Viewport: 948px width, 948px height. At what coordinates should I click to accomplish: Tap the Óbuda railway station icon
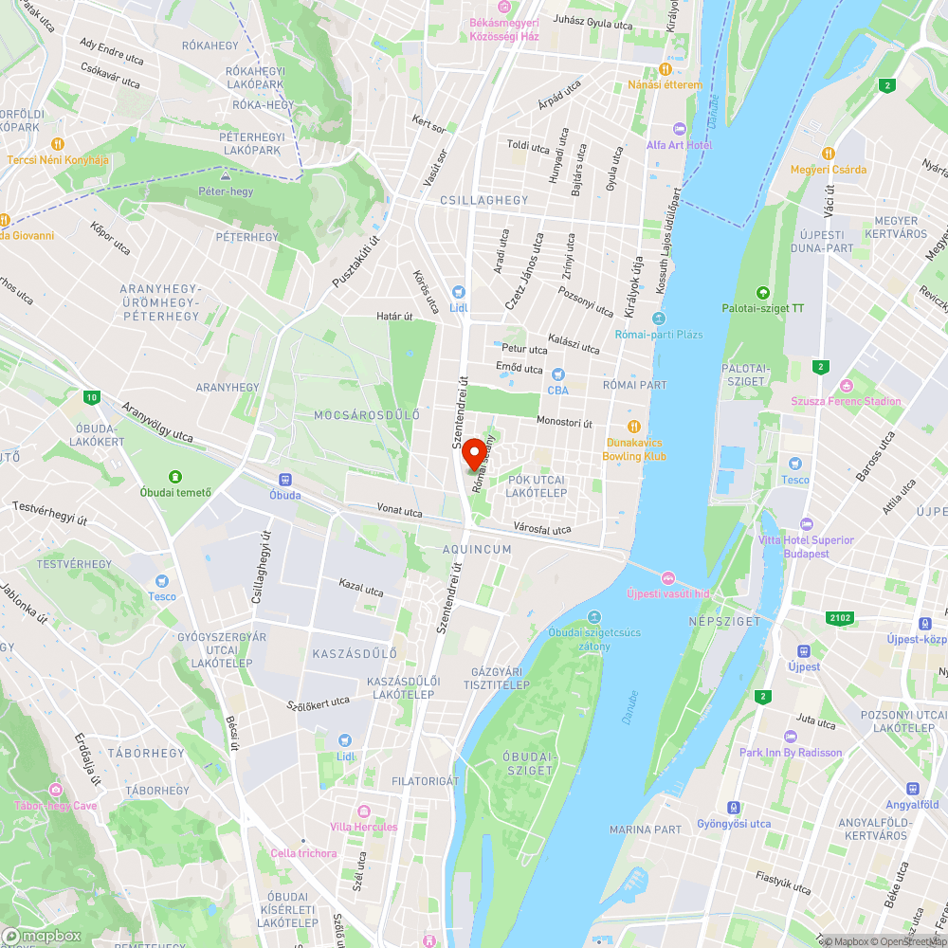[284, 480]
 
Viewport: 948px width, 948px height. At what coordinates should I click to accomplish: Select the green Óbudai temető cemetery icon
[175, 476]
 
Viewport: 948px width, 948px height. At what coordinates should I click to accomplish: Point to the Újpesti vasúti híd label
[668, 593]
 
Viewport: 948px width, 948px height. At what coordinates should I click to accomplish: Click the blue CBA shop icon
[557, 374]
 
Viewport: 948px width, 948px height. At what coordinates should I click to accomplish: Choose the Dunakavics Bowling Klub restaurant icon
[633, 427]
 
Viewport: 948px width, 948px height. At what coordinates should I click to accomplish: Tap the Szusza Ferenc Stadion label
[847, 401]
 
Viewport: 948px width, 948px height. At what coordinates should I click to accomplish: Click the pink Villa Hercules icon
[364, 811]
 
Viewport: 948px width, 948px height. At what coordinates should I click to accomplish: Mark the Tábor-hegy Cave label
[56, 806]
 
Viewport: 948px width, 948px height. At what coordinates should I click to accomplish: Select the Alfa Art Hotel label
[679, 145]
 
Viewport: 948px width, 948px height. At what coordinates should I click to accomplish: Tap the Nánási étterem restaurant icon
[665, 69]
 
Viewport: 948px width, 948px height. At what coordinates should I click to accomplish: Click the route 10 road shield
[90, 397]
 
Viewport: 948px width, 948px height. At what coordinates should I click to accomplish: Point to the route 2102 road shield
[839, 618]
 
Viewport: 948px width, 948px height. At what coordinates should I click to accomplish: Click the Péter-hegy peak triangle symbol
[226, 176]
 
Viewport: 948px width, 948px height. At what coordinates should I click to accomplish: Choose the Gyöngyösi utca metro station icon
[733, 808]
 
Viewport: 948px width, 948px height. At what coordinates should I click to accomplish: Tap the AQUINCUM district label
[477, 550]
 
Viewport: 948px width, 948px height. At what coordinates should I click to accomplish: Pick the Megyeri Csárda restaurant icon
[829, 154]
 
